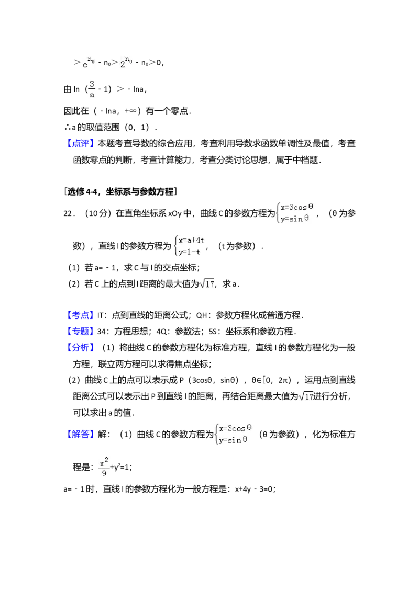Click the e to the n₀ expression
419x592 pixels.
click(x=87, y=63)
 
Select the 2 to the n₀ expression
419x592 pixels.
click(x=126, y=63)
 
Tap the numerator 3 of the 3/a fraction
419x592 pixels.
click(x=92, y=83)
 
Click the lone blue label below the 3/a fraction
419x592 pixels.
click(x=81, y=144)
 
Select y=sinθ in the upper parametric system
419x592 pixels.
click(x=294, y=219)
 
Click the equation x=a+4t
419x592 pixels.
click(x=191, y=241)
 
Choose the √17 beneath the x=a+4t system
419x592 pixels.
click(x=207, y=283)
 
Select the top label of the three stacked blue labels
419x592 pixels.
click(x=81, y=316)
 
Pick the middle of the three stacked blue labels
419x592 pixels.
click(x=81, y=332)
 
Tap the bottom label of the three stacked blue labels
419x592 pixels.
click(x=81, y=348)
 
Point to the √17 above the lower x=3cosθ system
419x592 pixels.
click(x=306, y=396)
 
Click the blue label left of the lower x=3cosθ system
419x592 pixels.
click(x=81, y=434)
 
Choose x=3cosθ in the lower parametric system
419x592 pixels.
click(x=235, y=428)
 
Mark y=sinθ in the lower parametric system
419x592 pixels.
click(x=233, y=440)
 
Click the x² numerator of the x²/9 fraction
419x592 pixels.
click(x=104, y=461)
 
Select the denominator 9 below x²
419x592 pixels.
click(x=104, y=474)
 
